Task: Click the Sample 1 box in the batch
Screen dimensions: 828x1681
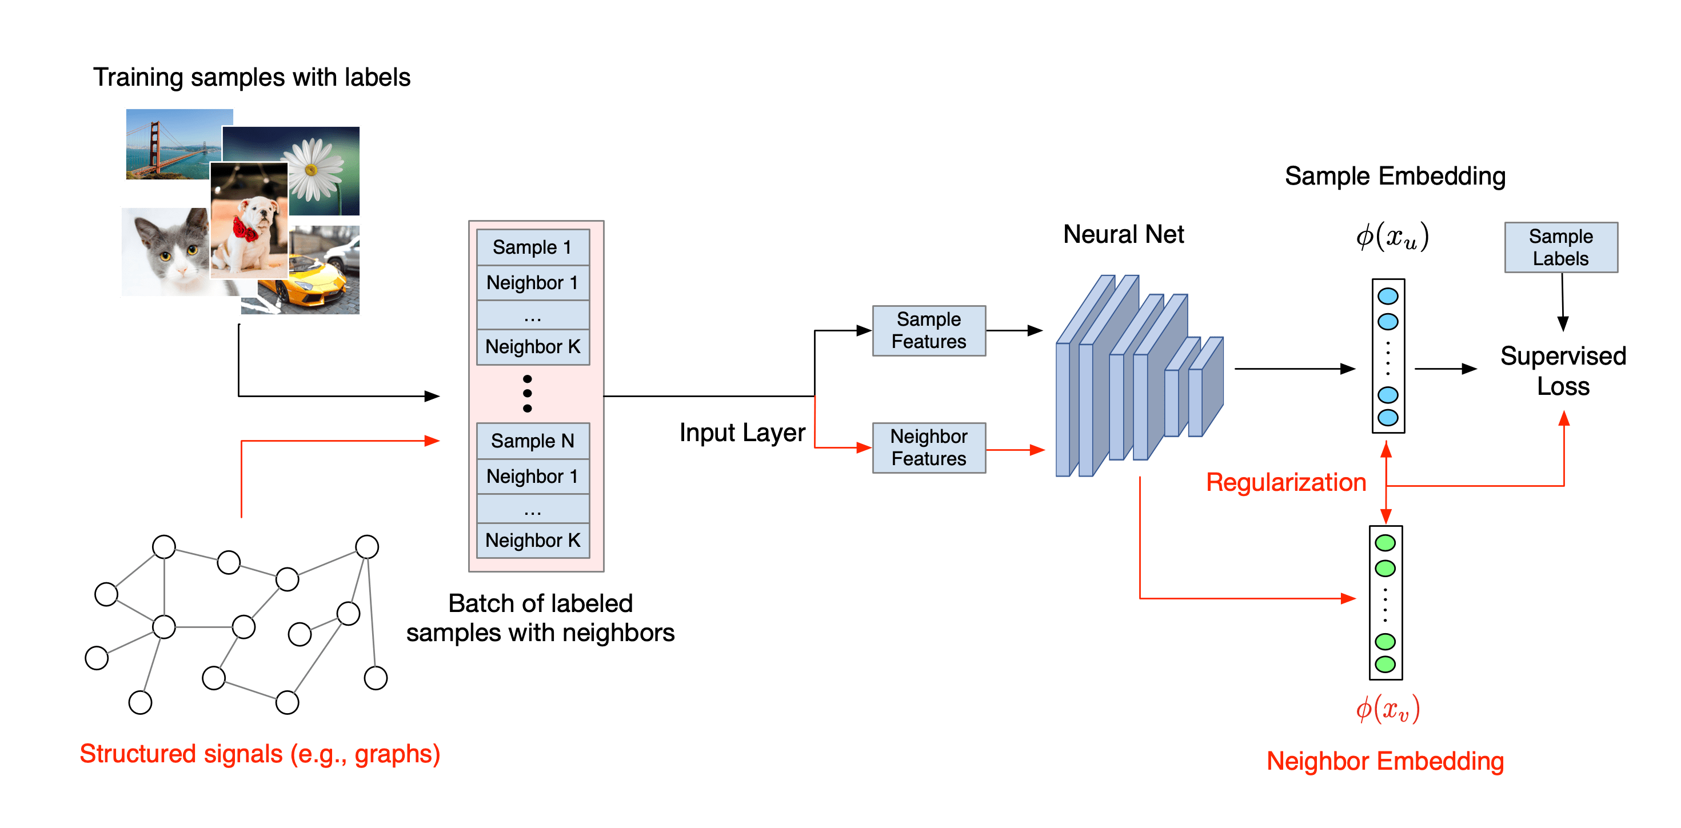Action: [533, 247]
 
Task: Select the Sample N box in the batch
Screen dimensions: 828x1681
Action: [533, 441]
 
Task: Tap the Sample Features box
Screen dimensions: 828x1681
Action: [929, 331]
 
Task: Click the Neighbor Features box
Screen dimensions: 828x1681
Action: [929, 447]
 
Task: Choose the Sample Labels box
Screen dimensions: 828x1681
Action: [1560, 247]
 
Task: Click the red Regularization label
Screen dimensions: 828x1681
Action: [1285, 482]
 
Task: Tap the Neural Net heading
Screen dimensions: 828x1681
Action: [1123, 234]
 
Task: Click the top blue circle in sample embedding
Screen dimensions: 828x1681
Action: [1387, 296]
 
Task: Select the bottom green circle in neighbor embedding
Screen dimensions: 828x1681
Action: [1385, 664]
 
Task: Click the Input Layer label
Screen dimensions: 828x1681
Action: [742, 433]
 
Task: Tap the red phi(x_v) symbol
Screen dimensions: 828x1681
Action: [1387, 709]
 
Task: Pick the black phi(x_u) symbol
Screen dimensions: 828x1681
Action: [1392, 236]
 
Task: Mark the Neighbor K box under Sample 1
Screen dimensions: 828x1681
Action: [533, 346]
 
